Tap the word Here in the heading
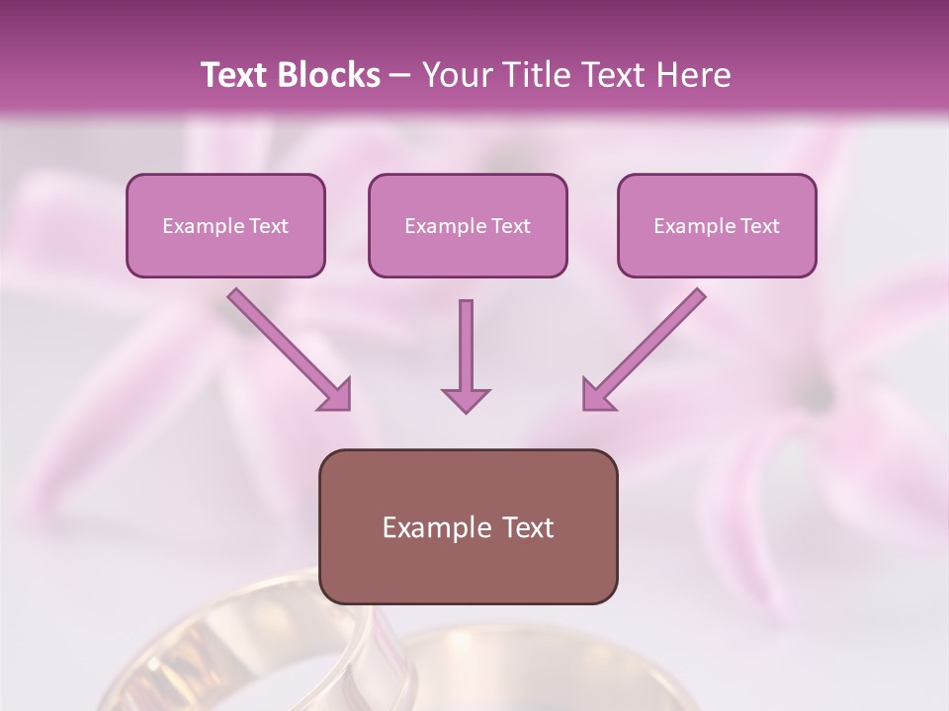click(x=691, y=75)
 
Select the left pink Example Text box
click(x=225, y=225)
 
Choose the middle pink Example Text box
click(x=468, y=225)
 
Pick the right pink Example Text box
click(x=717, y=225)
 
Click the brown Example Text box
click(x=469, y=526)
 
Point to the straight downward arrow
click(x=466, y=346)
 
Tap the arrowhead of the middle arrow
click(x=466, y=398)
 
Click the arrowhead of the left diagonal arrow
click(x=335, y=394)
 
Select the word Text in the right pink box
click(x=760, y=226)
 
